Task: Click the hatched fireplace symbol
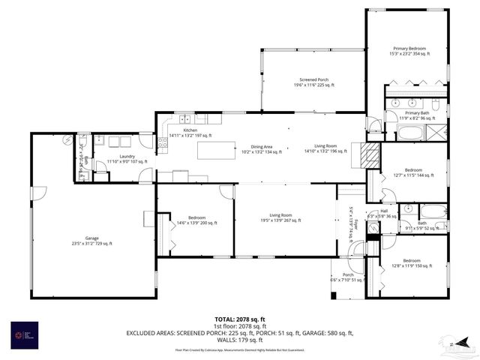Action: click(369, 154)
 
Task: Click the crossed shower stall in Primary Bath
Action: click(436, 133)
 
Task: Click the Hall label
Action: click(383, 212)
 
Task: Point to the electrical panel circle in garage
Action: click(68, 139)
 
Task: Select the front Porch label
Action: click(348, 277)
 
